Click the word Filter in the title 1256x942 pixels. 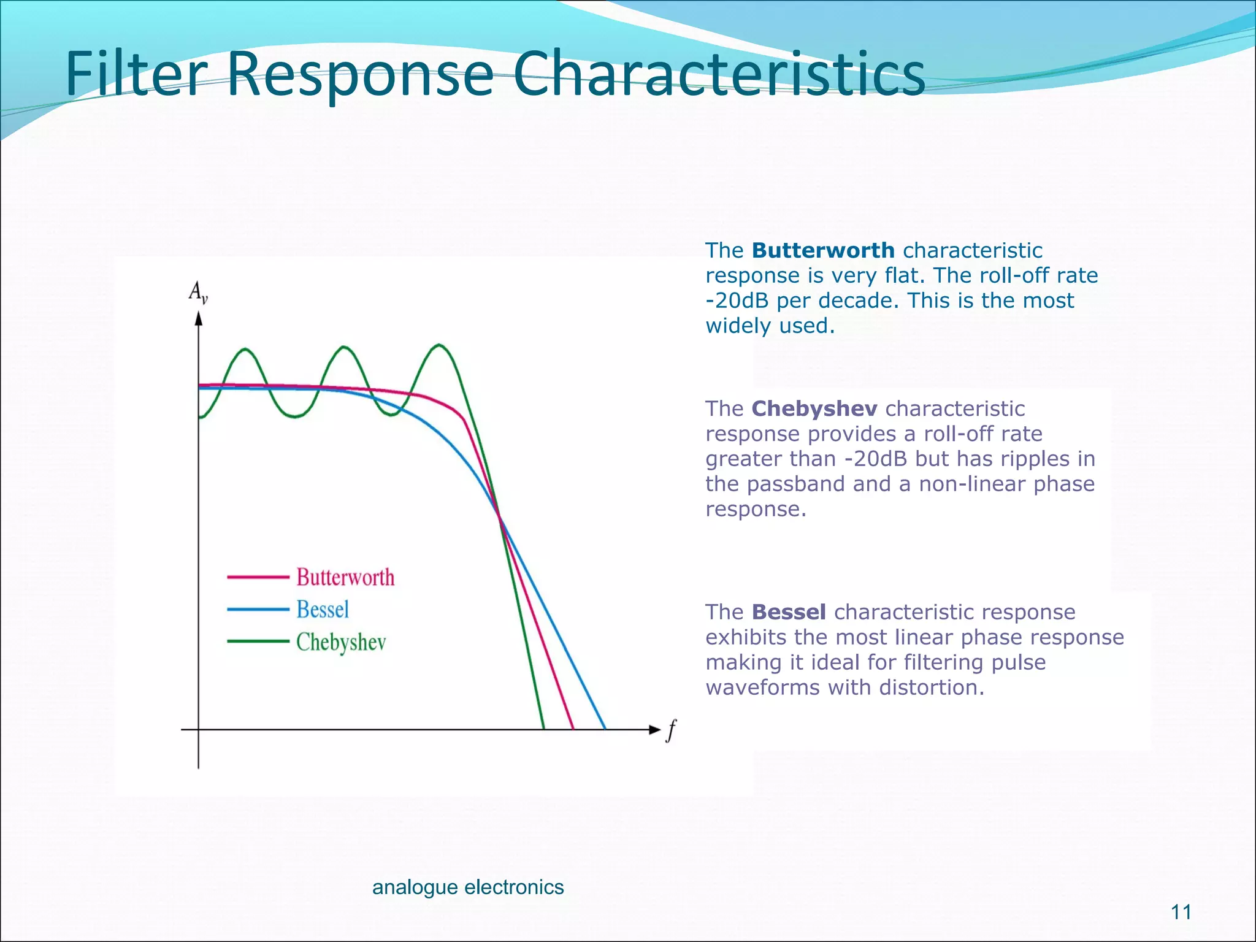pos(136,75)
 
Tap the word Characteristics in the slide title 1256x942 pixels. pos(719,75)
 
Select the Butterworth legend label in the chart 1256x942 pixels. pos(345,577)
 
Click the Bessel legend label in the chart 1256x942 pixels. pos(323,610)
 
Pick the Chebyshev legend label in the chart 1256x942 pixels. pos(341,642)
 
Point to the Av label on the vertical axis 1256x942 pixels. pos(198,292)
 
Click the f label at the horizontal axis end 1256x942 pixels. pos(672,730)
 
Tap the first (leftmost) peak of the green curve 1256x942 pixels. pos(245,350)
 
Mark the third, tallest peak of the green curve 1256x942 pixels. pos(439,345)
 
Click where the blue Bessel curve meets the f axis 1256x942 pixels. pos(605,729)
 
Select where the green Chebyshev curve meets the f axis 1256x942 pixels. pos(543,729)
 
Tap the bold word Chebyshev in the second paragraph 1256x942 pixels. pos(814,408)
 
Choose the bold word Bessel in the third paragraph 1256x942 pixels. pos(789,612)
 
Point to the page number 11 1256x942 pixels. pos(1181,912)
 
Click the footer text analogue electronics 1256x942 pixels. pos(468,887)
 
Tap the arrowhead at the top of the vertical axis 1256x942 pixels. pos(198,319)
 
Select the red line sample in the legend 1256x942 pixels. pos(258,577)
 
